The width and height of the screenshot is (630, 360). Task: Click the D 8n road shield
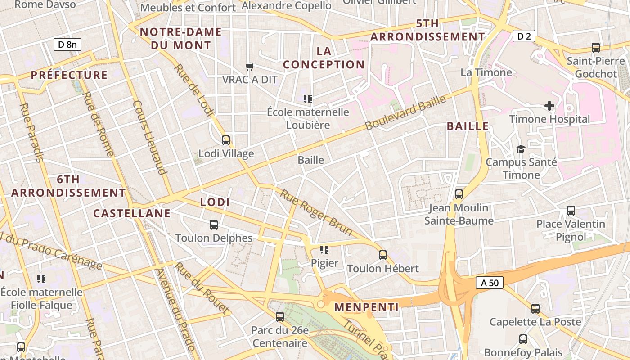67,44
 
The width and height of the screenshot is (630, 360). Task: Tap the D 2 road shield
524,36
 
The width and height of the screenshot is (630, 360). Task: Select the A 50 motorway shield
490,283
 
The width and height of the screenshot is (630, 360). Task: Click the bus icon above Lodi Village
226,140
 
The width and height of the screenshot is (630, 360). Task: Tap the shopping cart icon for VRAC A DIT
250,67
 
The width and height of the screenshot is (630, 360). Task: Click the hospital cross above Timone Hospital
549,106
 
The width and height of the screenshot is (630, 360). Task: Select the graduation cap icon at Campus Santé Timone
521,149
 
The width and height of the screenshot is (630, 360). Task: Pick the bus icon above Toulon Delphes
214,225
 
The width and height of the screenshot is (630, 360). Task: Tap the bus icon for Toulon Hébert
383,255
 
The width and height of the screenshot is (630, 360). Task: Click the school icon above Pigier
324,249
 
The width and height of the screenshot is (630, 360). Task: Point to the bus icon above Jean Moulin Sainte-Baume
459,194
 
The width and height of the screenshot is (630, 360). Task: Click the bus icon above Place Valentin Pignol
571,210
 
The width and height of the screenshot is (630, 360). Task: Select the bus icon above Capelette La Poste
535,308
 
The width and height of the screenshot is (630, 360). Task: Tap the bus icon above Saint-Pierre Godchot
596,47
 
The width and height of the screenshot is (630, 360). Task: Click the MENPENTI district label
366,307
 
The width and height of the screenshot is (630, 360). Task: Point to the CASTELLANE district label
132,213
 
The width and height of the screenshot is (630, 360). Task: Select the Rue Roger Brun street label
316,212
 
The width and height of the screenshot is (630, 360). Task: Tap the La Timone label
486,72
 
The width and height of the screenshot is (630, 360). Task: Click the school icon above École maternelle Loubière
308,99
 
